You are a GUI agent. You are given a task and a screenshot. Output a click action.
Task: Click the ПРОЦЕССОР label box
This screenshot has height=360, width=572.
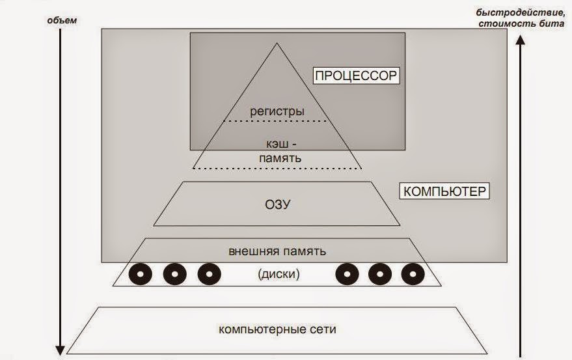coord(355,76)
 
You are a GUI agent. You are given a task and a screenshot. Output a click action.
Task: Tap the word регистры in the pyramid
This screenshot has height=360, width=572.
coord(277,111)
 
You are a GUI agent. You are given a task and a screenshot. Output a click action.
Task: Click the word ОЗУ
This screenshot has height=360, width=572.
coord(278,204)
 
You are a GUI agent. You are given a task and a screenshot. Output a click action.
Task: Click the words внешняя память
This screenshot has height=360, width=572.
coord(277,251)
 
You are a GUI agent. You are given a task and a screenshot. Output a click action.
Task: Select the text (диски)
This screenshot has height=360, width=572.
coord(278,274)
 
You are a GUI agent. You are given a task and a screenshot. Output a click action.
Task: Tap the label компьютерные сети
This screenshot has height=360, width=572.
coord(278,329)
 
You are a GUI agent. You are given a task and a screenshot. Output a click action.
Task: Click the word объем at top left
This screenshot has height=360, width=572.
coord(62,20)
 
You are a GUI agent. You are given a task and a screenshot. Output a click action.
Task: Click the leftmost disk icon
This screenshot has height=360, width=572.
coord(141,274)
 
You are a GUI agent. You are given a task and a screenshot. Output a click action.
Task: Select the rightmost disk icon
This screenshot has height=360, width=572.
coord(413,274)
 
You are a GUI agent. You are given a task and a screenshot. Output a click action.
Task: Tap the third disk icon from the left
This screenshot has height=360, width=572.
coord(208,274)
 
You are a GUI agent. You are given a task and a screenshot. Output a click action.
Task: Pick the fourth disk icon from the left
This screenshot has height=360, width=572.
coord(347,274)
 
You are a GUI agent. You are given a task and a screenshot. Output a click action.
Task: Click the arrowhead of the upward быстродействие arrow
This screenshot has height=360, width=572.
coord(521,39)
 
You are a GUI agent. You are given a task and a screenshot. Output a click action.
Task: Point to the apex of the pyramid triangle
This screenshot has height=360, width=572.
coord(277,44)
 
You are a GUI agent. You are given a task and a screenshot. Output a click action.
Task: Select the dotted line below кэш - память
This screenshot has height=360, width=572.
coord(277,168)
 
